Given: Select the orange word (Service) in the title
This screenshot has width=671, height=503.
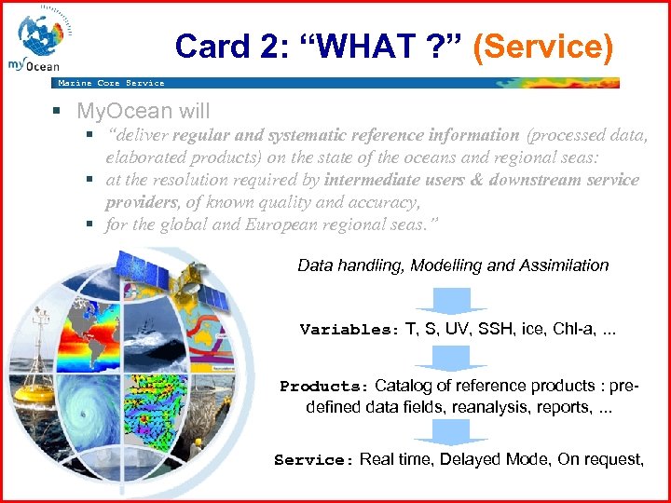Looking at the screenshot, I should point(543,47).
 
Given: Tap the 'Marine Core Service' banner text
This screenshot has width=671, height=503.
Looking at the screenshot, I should point(111,83).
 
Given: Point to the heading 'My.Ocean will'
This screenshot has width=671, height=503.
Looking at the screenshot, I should point(144,111).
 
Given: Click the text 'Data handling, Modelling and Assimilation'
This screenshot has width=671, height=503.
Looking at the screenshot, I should point(453,265).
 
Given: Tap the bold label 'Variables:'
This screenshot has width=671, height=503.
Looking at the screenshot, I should point(349,330).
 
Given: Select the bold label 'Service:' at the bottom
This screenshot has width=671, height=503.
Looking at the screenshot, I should point(315,459).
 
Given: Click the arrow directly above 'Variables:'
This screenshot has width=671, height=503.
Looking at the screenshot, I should point(451,299).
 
